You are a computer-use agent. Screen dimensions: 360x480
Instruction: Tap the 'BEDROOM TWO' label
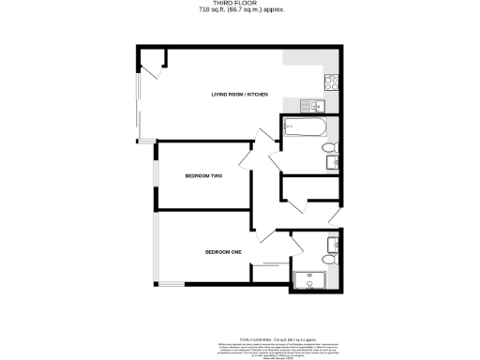[x=202, y=176]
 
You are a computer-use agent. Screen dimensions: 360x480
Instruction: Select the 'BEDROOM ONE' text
[x=223, y=251]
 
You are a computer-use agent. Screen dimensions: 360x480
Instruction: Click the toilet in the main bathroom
[x=329, y=148]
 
